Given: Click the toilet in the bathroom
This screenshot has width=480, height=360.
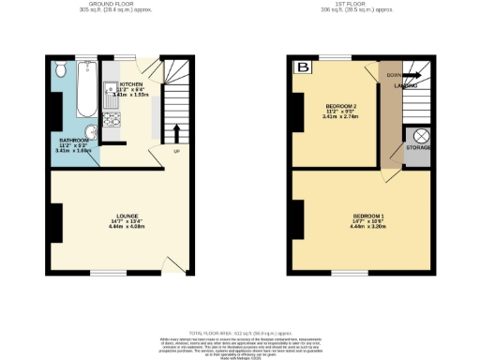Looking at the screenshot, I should pos(60,69).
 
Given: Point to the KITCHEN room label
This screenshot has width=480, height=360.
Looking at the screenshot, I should pos(131,82).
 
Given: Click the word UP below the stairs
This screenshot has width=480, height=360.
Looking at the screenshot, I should pos(175,150).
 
